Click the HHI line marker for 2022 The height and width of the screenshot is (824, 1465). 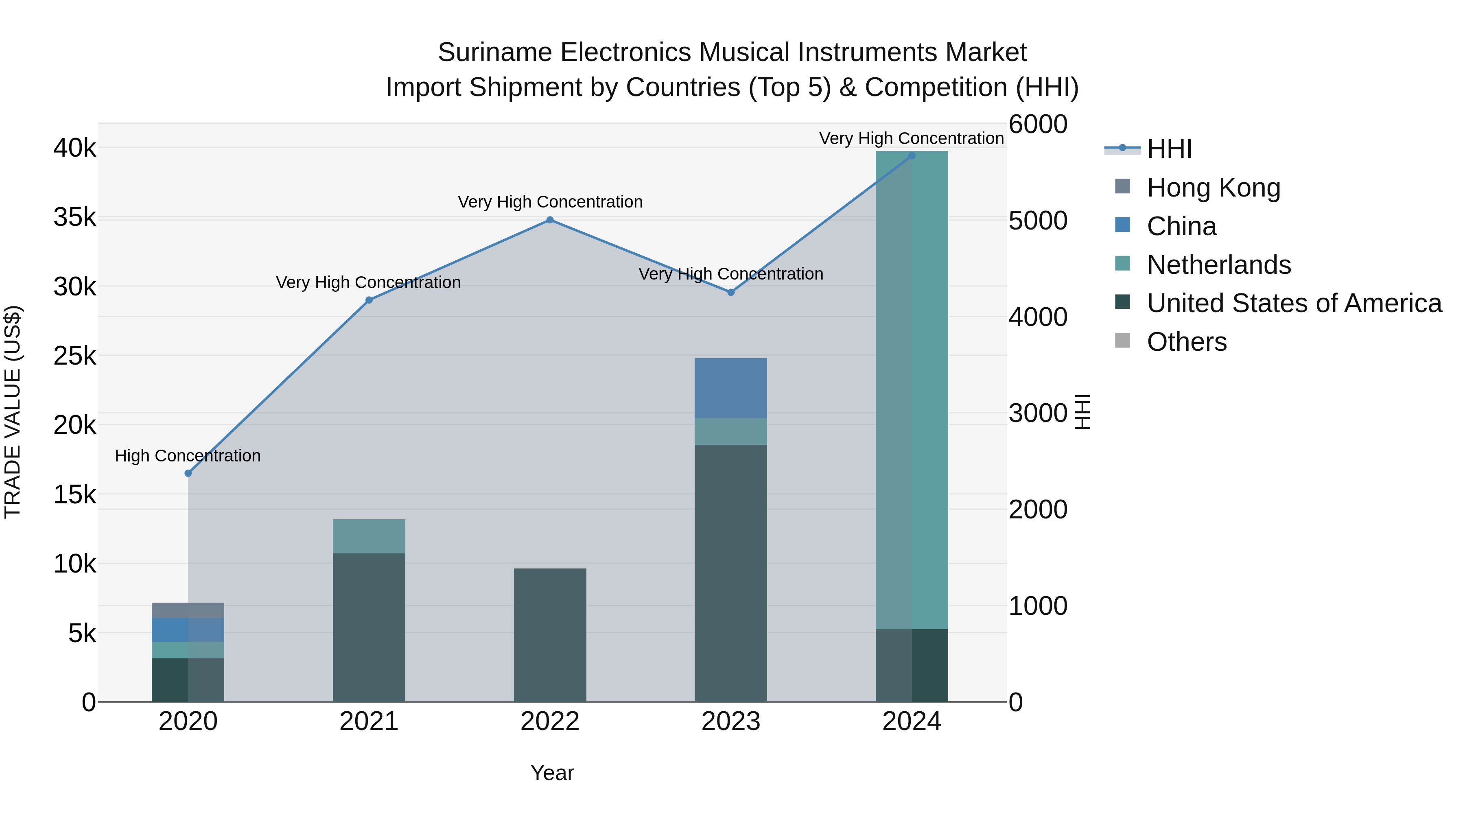click(549, 220)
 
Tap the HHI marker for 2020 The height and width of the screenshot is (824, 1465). click(188, 473)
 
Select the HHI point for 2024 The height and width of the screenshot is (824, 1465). click(912, 156)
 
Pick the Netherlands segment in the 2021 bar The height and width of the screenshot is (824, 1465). click(369, 536)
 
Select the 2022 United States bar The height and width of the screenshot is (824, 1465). click(549, 635)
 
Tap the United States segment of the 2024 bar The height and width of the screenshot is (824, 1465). click(912, 665)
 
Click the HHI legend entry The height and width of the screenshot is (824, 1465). click(1169, 150)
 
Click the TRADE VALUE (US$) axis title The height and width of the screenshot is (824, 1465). click(13, 412)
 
